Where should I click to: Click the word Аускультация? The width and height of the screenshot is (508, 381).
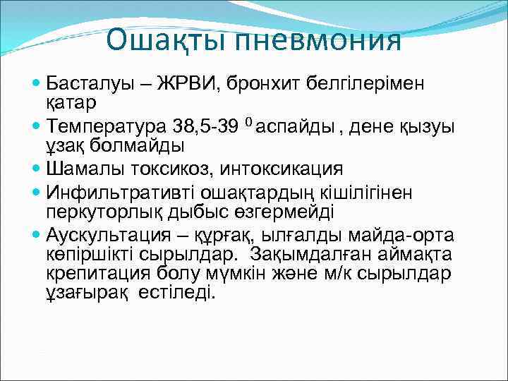[x=113, y=235]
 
